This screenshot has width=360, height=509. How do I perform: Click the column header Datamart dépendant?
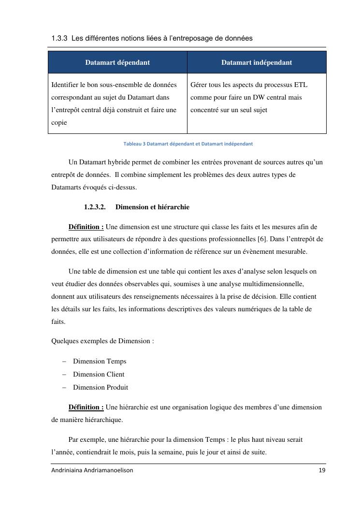(117, 62)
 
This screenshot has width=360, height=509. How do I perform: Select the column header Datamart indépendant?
(257, 62)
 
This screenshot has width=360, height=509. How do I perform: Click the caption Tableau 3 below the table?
(188, 144)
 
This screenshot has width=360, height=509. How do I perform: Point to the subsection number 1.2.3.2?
(95, 207)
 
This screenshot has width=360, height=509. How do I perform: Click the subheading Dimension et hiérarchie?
(152, 207)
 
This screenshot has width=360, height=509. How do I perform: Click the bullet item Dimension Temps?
(100, 361)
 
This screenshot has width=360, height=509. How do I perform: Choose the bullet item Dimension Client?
(99, 374)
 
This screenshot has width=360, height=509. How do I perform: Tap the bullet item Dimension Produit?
(101, 387)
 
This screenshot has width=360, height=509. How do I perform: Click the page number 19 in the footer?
(322, 470)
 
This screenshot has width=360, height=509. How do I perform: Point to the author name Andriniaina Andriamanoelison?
(92, 470)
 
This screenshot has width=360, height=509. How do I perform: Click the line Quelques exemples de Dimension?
(102, 341)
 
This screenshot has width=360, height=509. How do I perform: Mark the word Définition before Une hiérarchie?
(86, 407)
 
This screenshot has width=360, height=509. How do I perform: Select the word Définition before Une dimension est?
(86, 226)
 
